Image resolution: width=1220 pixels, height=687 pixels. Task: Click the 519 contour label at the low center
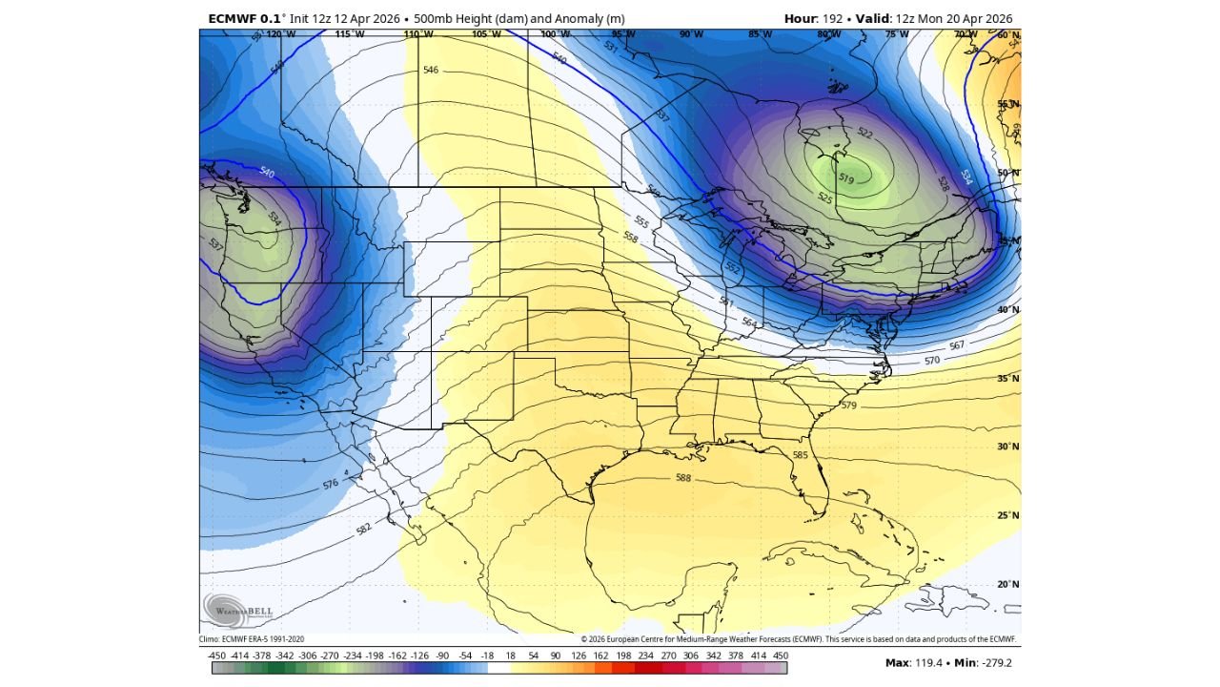(x=846, y=178)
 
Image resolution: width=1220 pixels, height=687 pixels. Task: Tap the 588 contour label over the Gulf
(x=682, y=478)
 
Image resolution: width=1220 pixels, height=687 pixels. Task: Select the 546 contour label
(x=431, y=71)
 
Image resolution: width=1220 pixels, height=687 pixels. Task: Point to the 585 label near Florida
(x=800, y=455)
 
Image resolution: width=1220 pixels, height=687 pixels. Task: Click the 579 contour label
(x=848, y=406)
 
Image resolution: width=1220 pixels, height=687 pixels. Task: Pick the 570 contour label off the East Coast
(x=931, y=361)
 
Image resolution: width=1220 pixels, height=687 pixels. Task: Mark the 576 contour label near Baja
(x=330, y=484)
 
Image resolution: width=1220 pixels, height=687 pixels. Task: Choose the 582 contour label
(x=363, y=529)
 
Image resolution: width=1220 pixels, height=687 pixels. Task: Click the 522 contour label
(x=864, y=134)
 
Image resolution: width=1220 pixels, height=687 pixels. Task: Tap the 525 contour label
(x=824, y=198)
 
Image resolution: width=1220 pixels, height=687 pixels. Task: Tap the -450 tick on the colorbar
(x=216, y=656)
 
